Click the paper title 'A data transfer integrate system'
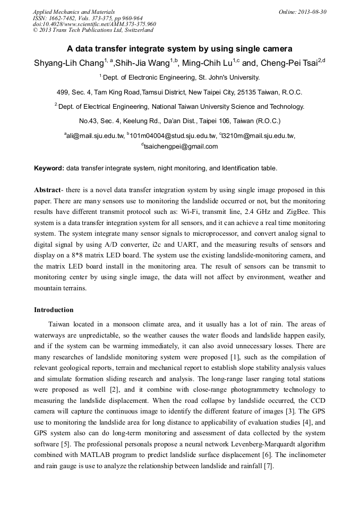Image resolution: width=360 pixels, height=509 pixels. point(179,49)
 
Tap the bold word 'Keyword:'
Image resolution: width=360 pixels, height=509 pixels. point(49,168)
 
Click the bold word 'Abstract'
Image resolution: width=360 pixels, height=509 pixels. point(47,189)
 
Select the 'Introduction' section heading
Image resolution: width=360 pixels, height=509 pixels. point(54,310)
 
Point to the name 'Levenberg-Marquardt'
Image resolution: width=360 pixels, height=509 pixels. point(271,444)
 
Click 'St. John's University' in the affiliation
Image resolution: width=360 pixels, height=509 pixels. point(229,77)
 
